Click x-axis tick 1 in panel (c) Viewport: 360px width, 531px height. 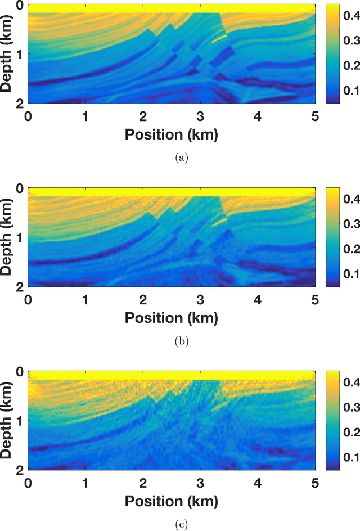[85, 483]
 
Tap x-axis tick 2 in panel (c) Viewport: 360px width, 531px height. [143, 483]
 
